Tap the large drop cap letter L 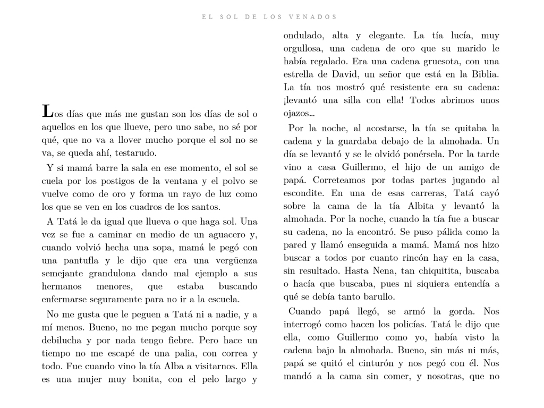[47, 112]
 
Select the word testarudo [135, 153]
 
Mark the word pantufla [80, 261]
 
